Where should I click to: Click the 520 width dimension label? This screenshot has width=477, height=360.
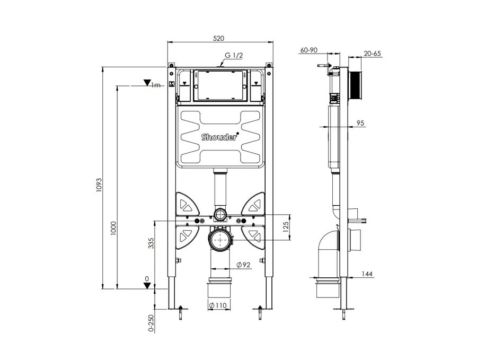pyautogui.click(x=219, y=38)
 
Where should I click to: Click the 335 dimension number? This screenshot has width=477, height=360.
pyautogui.click(x=151, y=243)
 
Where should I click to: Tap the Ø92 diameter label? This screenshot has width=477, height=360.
pyautogui.click(x=243, y=265)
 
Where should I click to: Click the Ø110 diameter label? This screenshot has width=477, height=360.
pyautogui.click(x=218, y=305)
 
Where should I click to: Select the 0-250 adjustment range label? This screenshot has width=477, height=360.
pyautogui.click(x=151, y=323)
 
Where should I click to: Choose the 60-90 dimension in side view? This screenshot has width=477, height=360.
pyautogui.click(x=308, y=50)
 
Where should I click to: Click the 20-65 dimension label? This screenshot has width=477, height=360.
pyautogui.click(x=373, y=54)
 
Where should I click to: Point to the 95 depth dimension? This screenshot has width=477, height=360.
pyautogui.click(x=360, y=123)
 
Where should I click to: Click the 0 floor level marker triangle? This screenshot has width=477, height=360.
pyautogui.click(x=147, y=285)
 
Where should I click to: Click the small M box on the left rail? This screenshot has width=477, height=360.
pyautogui.click(x=171, y=84)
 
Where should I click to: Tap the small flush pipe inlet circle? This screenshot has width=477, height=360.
pyautogui.click(x=219, y=215)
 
